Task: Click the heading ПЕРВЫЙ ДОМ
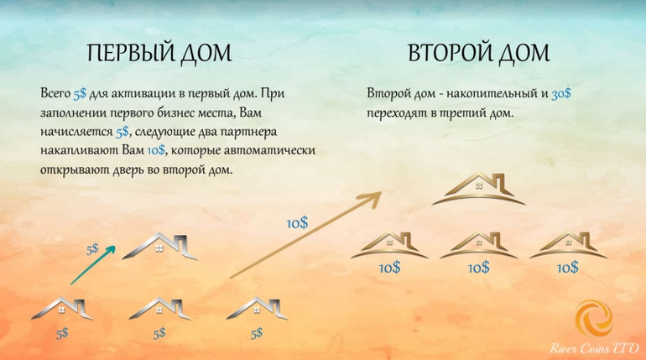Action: pos(159,54)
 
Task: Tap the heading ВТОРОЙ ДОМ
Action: pos(479,54)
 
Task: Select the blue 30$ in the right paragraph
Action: pos(561,93)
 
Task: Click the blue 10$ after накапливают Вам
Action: pos(156,150)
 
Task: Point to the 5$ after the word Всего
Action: pos(80,93)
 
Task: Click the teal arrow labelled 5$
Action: pos(93,265)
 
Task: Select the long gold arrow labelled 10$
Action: pos(305,234)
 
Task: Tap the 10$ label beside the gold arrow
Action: pos(297,223)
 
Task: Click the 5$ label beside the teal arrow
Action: pos(92,249)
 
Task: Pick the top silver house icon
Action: pos(160,247)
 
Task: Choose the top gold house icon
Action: pos(479,189)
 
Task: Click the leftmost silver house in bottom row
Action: pos(62,308)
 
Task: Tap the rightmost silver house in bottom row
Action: pos(258,308)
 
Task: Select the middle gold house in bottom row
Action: pos(479,246)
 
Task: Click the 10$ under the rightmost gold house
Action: pos(568,269)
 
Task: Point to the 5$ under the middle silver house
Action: pos(159,333)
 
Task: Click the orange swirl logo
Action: pos(594,318)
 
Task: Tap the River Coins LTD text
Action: pos(595,348)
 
